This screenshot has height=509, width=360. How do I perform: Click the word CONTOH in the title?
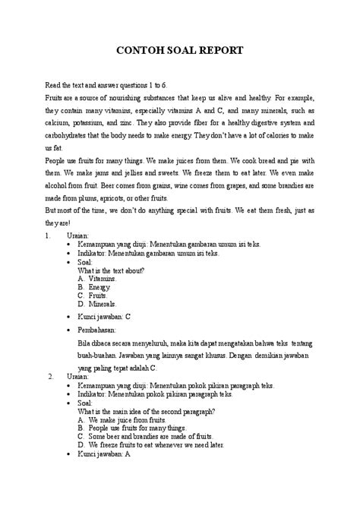pos(138,50)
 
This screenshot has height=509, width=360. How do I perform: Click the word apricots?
pos(136,197)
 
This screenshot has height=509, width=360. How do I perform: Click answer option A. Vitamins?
pos(98,279)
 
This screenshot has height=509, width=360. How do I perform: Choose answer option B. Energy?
pos(95,288)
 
